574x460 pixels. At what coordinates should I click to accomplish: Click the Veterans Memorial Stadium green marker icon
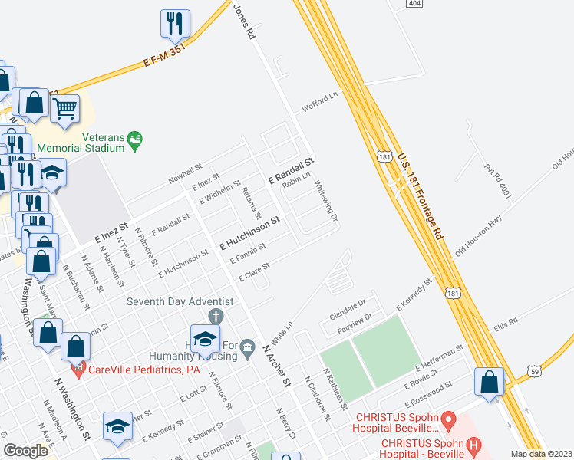(136, 140)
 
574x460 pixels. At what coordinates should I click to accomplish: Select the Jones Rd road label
(243, 20)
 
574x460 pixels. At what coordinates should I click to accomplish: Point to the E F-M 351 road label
(165, 53)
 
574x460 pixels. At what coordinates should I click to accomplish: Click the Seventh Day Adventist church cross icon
(217, 316)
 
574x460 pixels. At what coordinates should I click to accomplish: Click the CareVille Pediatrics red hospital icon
(78, 370)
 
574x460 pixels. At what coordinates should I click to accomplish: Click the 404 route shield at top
(414, 4)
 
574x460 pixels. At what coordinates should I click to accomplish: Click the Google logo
(26, 451)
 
